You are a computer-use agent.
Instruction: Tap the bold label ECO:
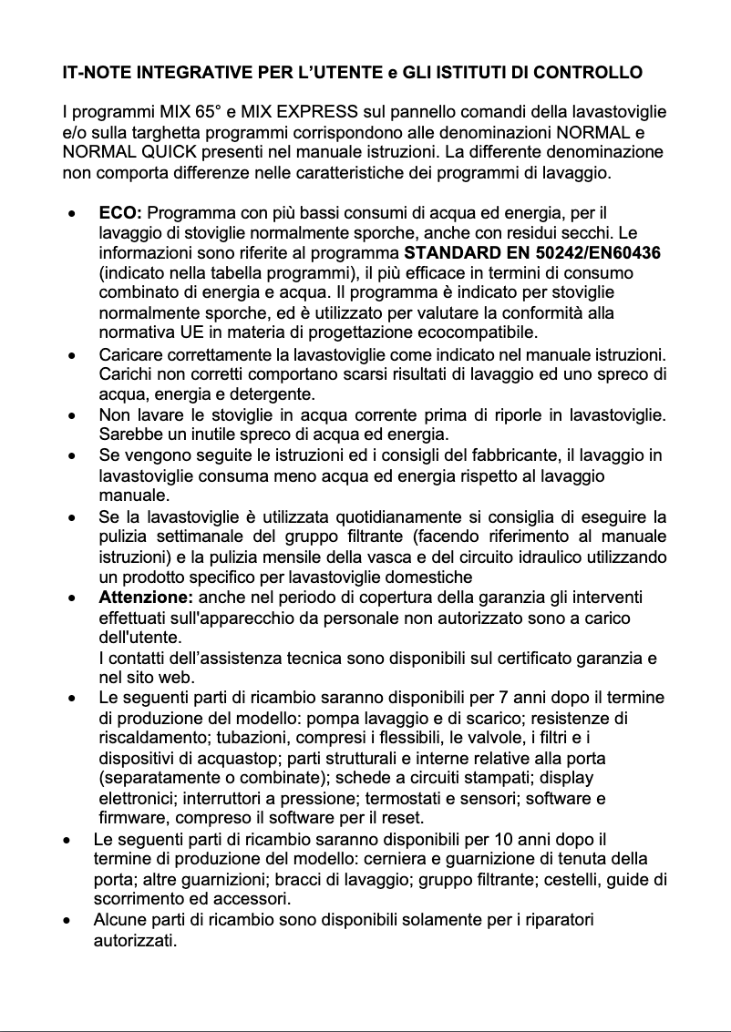click(119, 213)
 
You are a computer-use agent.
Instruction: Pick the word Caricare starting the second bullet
click(128, 353)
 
